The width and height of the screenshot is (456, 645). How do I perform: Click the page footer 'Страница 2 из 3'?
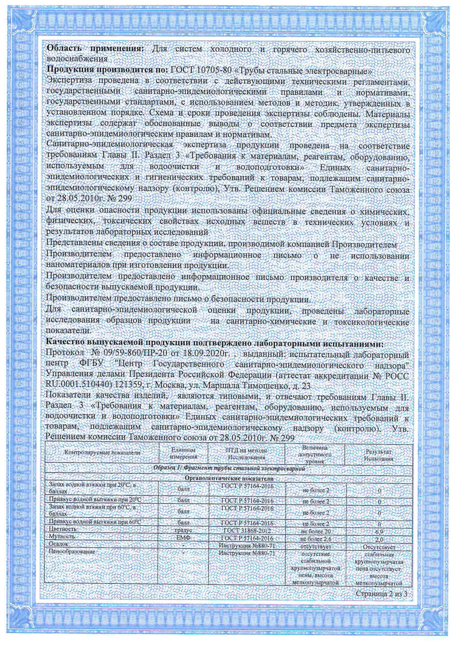tap(381, 593)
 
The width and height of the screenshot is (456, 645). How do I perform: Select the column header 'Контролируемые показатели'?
tap(102, 452)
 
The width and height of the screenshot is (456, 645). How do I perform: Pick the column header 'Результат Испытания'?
tap(379, 455)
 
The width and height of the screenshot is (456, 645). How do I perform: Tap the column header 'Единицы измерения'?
tap(183, 453)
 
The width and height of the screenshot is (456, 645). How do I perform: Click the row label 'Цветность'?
tap(62, 529)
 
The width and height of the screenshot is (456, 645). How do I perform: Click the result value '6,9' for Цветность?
tap(379, 532)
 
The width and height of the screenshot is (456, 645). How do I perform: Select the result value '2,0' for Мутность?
tap(379, 539)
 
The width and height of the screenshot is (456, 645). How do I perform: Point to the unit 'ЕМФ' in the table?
tap(184, 538)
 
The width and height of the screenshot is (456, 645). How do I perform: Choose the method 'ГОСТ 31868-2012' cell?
tap(247, 531)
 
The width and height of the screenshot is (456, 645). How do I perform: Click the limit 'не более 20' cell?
tap(316, 532)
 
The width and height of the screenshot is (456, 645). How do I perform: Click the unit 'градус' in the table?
tap(184, 531)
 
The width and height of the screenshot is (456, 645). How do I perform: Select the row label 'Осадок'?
tap(59, 544)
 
